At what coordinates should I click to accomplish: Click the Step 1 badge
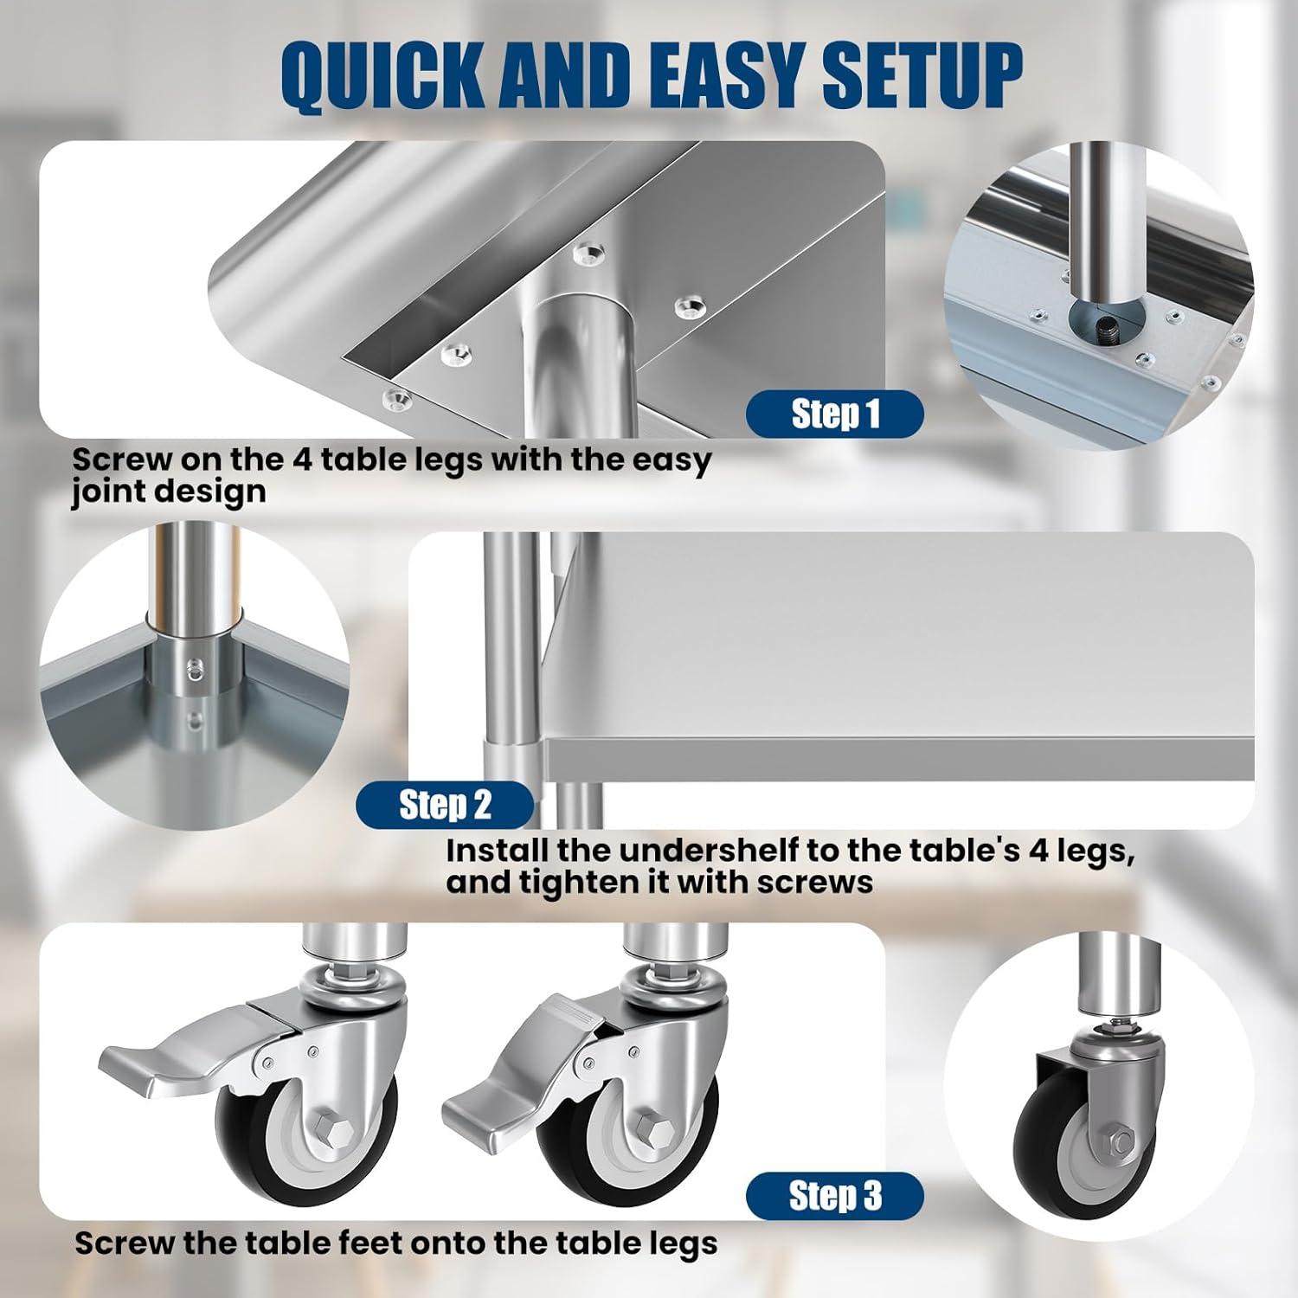[x=835, y=414]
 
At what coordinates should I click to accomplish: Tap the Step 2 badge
[x=445, y=805]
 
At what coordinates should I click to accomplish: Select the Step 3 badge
[x=835, y=1196]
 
